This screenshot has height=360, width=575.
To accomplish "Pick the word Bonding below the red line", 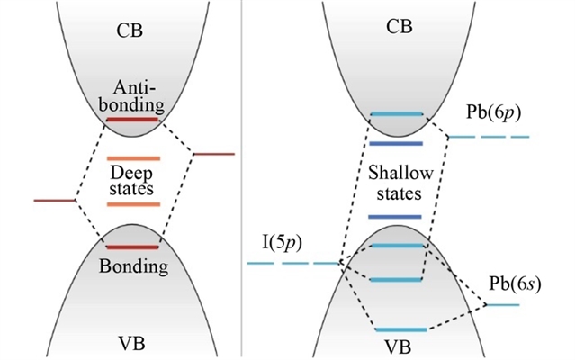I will tap(133, 267).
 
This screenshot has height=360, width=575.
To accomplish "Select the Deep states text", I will tap(133, 180).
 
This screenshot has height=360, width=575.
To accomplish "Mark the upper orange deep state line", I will tap(133, 158).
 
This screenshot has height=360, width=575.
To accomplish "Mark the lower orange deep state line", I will tap(133, 205).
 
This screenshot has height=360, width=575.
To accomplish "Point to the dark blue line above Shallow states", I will tap(395, 143).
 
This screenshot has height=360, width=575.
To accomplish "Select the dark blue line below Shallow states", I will tap(395, 217).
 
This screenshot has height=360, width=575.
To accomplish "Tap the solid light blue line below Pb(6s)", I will tap(504, 306).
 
